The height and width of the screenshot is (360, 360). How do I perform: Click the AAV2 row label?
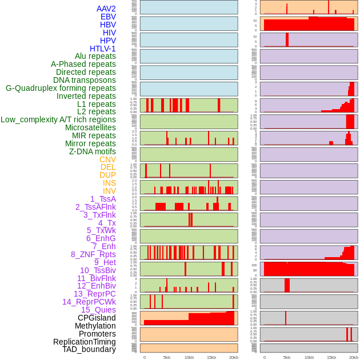pyautogui.click(x=106, y=9)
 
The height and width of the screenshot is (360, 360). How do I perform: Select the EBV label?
pyautogui.click(x=108, y=17)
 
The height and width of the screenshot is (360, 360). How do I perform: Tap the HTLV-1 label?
pyautogui.click(x=103, y=49)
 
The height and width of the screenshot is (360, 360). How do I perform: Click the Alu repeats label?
pyautogui.click(x=95, y=56)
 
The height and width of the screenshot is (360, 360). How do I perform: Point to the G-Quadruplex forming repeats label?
pyautogui.click(x=61, y=88)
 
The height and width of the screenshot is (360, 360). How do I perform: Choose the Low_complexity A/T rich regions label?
pyautogui.click(x=58, y=119)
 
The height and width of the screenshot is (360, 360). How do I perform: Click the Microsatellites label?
pyautogui.click(x=90, y=127)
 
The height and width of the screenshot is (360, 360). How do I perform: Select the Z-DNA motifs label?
pyautogui.click(x=93, y=151)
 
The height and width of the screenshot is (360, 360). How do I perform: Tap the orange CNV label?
pyautogui.click(x=107, y=159)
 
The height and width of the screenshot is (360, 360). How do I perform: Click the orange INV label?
pyautogui.click(x=109, y=191)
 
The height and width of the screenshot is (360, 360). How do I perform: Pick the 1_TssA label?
pyautogui.click(x=103, y=199)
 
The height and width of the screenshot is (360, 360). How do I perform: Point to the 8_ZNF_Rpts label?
pyautogui.click(x=93, y=254)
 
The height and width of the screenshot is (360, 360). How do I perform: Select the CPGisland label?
pyautogui.click(x=97, y=318)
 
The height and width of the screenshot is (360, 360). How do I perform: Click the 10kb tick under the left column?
pyautogui.click(x=189, y=357)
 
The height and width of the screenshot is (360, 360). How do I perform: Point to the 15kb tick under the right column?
pyautogui.click(x=331, y=357)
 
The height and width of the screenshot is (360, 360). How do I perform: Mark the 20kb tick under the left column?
pyautogui.click(x=234, y=357)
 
